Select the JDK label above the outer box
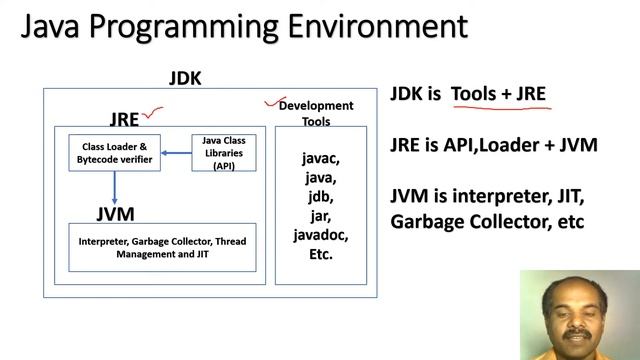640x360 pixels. click(x=185, y=77)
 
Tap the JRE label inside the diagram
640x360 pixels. click(x=124, y=120)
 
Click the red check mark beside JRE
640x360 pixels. click(x=154, y=115)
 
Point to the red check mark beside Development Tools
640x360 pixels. click(x=269, y=101)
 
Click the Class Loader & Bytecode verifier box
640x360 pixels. click(x=114, y=153)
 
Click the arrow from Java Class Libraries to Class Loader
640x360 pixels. click(x=176, y=153)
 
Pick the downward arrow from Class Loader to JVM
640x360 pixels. click(x=114, y=187)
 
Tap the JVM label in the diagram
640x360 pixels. click(x=115, y=214)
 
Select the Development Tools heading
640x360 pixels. click(x=315, y=113)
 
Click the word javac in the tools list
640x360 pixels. click(x=320, y=158)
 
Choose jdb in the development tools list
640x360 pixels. click(x=320, y=197)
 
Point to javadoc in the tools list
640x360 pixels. click(x=320, y=235)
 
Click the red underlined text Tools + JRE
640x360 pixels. click(x=498, y=95)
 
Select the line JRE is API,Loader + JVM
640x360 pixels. click(x=493, y=145)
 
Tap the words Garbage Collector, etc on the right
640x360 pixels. click(x=486, y=220)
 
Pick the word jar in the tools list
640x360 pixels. click(x=320, y=216)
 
